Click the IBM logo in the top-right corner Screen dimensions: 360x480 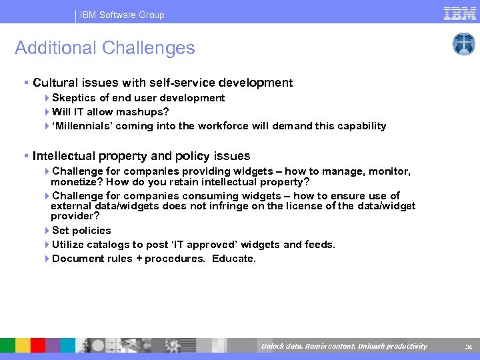pos(459,13)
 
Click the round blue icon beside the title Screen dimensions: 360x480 pos(463,44)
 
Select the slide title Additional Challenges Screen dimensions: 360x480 pos(105,48)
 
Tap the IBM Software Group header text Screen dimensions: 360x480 pos(122,15)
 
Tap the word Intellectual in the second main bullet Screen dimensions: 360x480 pos(64,156)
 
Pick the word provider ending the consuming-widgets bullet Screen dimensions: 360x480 pos(73,216)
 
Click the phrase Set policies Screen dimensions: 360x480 pos(81,231)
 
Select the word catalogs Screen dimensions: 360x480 pos(113,245)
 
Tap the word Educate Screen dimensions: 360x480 pos(233,259)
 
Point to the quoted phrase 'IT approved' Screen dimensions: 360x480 pos(205,245)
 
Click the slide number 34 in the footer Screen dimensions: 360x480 pos(468,346)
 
